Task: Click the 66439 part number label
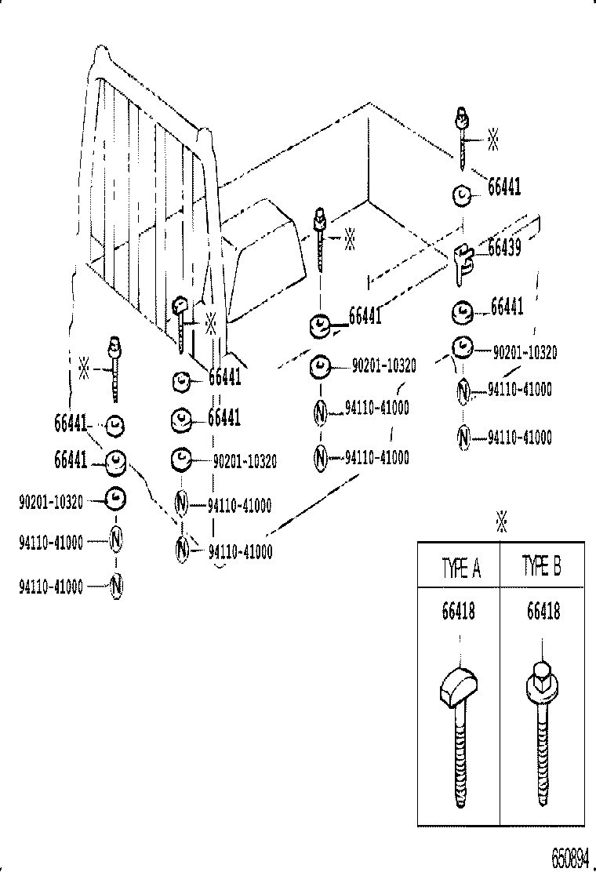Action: (505, 248)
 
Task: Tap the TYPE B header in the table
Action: (542, 568)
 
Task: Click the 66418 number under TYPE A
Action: (459, 611)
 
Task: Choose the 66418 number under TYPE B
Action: (543, 611)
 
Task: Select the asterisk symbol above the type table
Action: (502, 521)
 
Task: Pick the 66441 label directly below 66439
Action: (507, 307)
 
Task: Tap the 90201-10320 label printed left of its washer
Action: (50, 502)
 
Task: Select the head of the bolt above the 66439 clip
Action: (461, 118)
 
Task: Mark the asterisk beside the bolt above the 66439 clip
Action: (493, 140)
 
